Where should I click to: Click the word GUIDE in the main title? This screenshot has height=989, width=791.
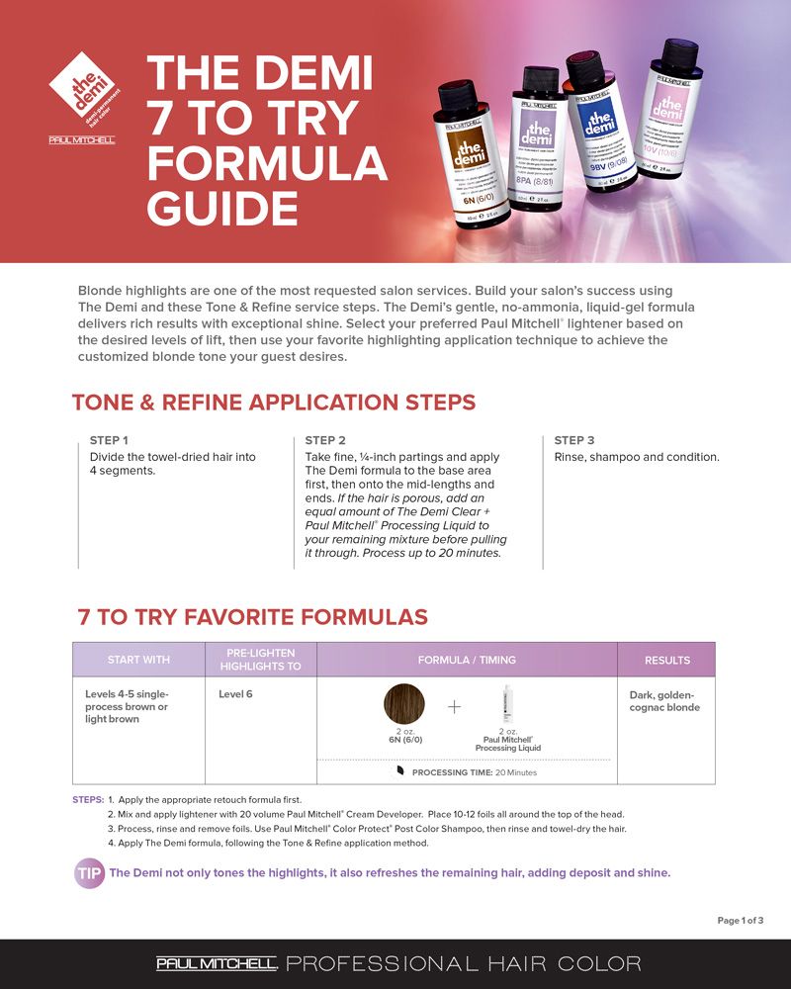(x=221, y=208)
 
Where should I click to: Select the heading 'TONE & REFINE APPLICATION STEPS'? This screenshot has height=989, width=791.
(x=274, y=403)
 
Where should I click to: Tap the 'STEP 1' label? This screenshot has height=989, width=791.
(x=109, y=440)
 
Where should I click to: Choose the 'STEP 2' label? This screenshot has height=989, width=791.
(x=325, y=440)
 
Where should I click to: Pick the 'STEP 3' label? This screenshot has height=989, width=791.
(x=574, y=440)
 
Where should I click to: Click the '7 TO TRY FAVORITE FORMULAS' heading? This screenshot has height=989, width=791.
(x=252, y=617)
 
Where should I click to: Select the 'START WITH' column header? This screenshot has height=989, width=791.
(x=138, y=660)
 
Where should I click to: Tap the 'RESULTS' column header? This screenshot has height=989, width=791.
(x=666, y=660)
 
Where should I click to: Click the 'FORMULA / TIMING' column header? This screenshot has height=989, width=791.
(x=467, y=660)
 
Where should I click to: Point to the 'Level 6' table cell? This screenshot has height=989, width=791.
(x=235, y=694)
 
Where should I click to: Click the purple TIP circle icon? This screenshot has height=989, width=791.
(x=89, y=873)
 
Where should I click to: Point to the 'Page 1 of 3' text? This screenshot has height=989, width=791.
(x=740, y=921)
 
